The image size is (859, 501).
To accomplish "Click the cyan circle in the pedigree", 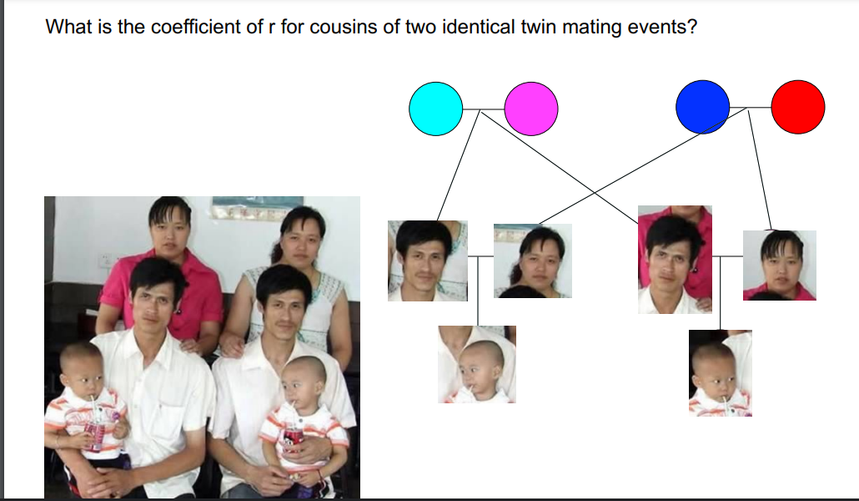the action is click(435, 109).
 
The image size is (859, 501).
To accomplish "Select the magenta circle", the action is click(531, 109).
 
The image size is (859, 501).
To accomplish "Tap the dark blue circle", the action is click(702, 107).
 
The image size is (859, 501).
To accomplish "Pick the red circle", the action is click(797, 107).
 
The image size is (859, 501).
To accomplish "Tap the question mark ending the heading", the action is click(692, 27).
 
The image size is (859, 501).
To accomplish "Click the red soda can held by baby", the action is click(293, 439).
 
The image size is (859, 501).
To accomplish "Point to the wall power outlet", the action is click(104, 261).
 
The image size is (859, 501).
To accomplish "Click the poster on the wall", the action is click(258, 207).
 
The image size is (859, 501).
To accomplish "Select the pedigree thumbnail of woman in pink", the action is click(780, 265).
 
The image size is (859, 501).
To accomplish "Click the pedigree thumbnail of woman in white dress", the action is click(532, 261).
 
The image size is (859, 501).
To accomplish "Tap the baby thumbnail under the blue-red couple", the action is click(720, 373).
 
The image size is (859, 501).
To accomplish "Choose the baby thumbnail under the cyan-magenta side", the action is click(476, 364).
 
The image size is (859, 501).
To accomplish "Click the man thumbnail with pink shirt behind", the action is click(675, 260).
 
